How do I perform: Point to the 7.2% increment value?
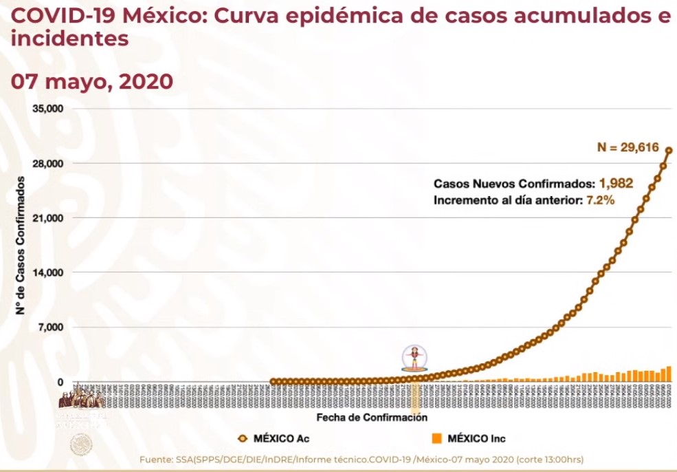[x=599, y=200]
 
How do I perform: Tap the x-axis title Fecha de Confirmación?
[x=371, y=418]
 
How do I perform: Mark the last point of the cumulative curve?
[x=669, y=151]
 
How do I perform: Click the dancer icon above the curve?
[x=414, y=357]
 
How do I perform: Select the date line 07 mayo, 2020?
[x=91, y=82]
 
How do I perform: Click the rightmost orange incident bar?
[x=669, y=374]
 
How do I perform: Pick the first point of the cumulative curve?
[x=274, y=381]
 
